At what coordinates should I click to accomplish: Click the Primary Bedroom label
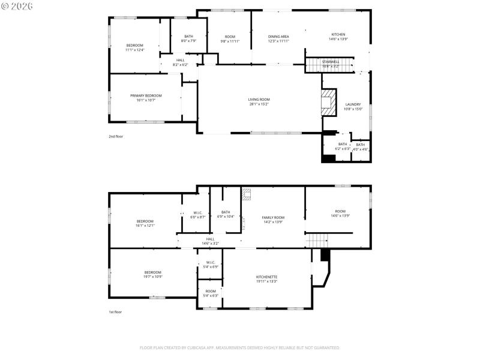146,95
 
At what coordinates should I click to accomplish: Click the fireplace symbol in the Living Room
328,103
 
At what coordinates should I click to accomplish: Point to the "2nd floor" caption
115,137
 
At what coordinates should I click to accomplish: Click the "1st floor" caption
115,312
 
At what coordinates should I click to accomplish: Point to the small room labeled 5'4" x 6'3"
211,293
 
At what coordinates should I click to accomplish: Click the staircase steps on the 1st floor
316,241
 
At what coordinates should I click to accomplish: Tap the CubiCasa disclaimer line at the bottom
240,347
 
